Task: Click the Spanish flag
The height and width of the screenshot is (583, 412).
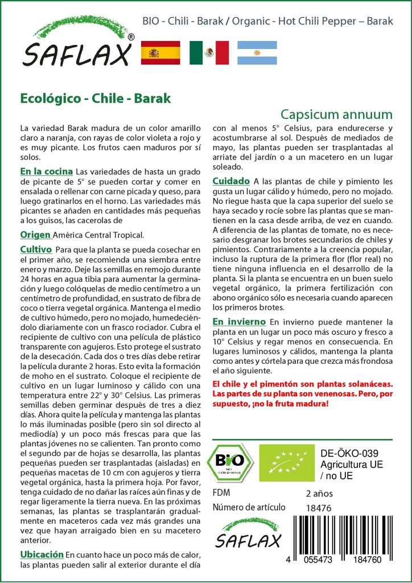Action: (x=160, y=52)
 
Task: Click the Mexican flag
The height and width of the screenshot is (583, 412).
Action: (x=209, y=52)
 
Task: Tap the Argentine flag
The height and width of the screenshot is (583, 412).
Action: (x=257, y=52)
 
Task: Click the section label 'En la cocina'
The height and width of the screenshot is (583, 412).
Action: (x=46, y=171)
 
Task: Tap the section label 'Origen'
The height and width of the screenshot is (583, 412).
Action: (x=36, y=235)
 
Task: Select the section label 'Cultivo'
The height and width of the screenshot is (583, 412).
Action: (x=36, y=250)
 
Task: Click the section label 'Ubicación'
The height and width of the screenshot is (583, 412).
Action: (x=42, y=554)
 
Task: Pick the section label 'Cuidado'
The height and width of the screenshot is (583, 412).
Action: (x=231, y=181)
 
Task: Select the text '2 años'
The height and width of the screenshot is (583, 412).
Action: (x=319, y=493)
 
